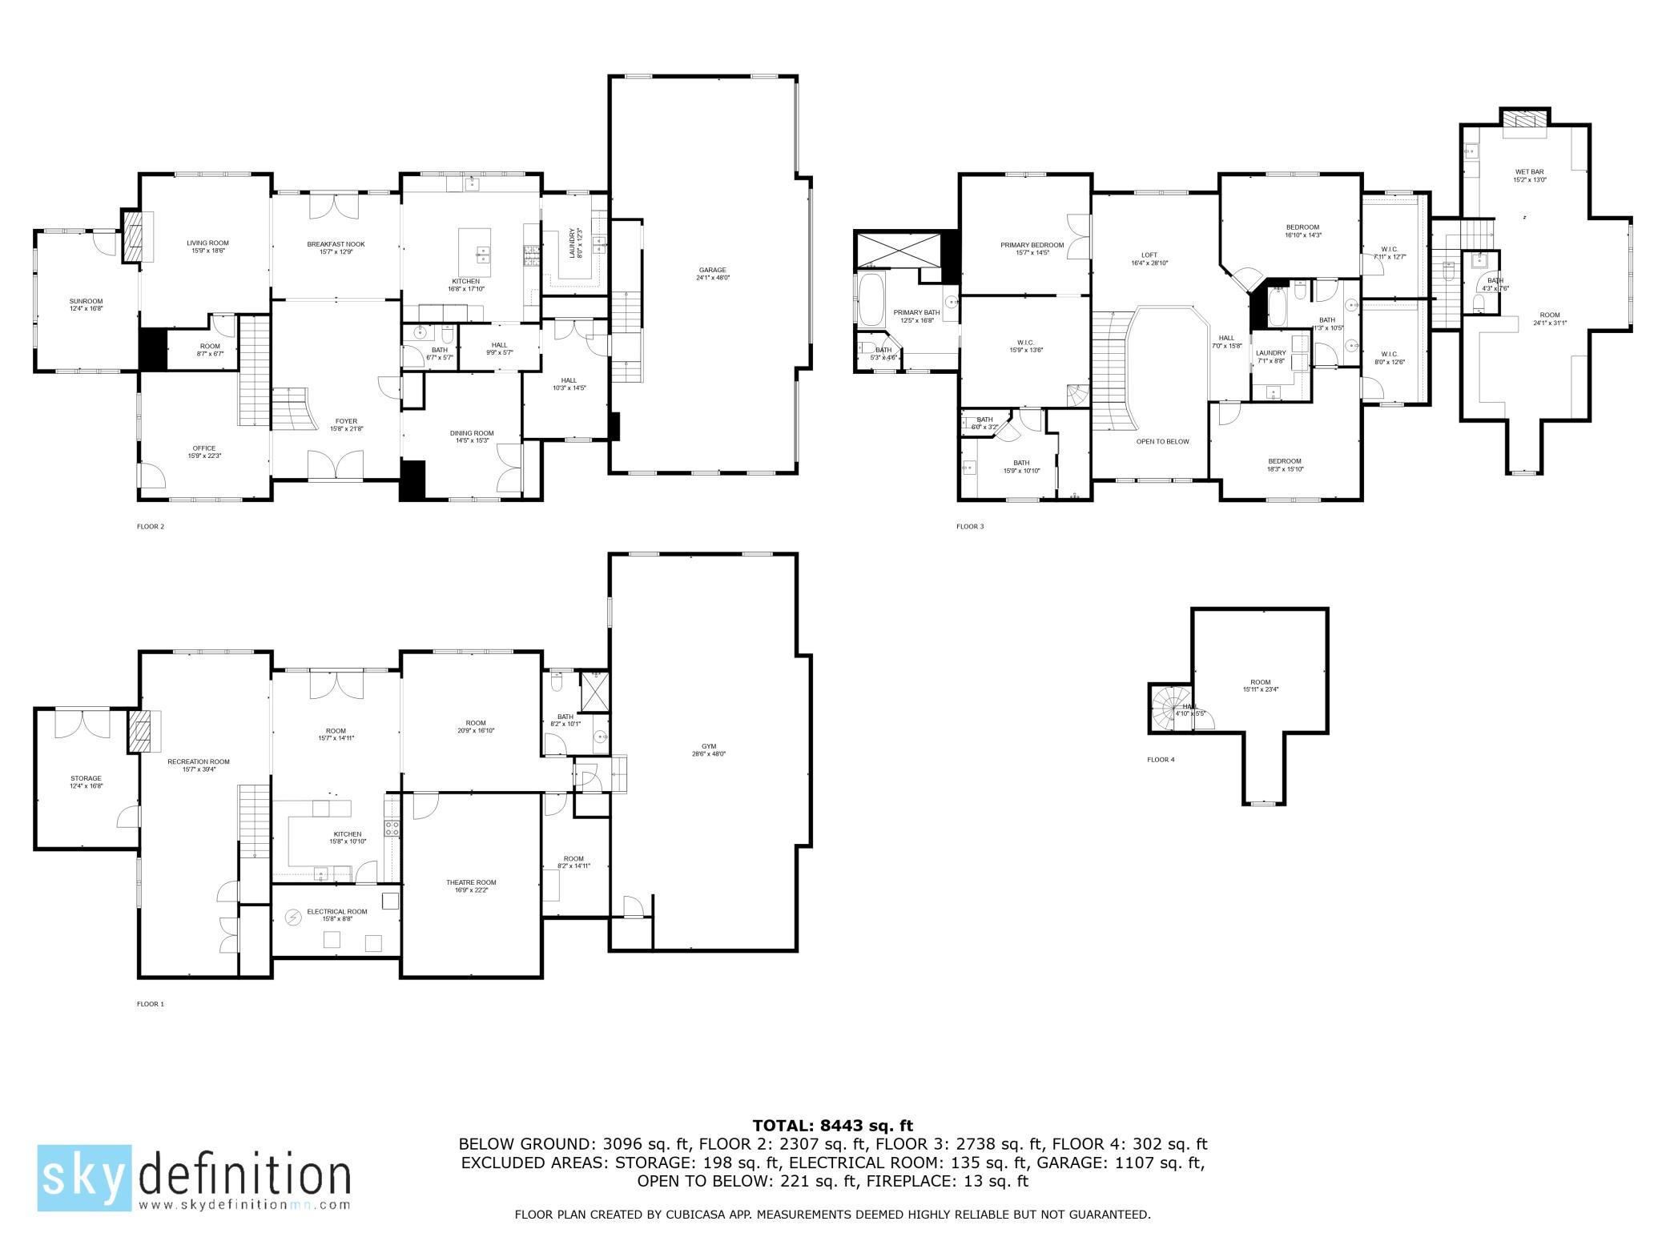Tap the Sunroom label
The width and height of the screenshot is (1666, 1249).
pyautogui.click(x=86, y=301)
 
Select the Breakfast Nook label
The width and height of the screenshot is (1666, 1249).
pyautogui.click(x=336, y=244)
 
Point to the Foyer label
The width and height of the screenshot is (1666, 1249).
pyautogui.click(x=346, y=421)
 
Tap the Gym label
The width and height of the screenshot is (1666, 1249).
pyautogui.click(x=709, y=746)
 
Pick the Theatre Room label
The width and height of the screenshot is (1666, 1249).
pyautogui.click(x=471, y=882)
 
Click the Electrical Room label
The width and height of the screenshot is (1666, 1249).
pyautogui.click(x=337, y=911)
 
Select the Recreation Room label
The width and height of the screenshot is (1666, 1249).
pyautogui.click(x=199, y=761)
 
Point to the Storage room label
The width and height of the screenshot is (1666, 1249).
pyautogui.click(x=86, y=778)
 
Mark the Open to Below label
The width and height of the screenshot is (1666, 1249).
pyautogui.click(x=1162, y=441)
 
